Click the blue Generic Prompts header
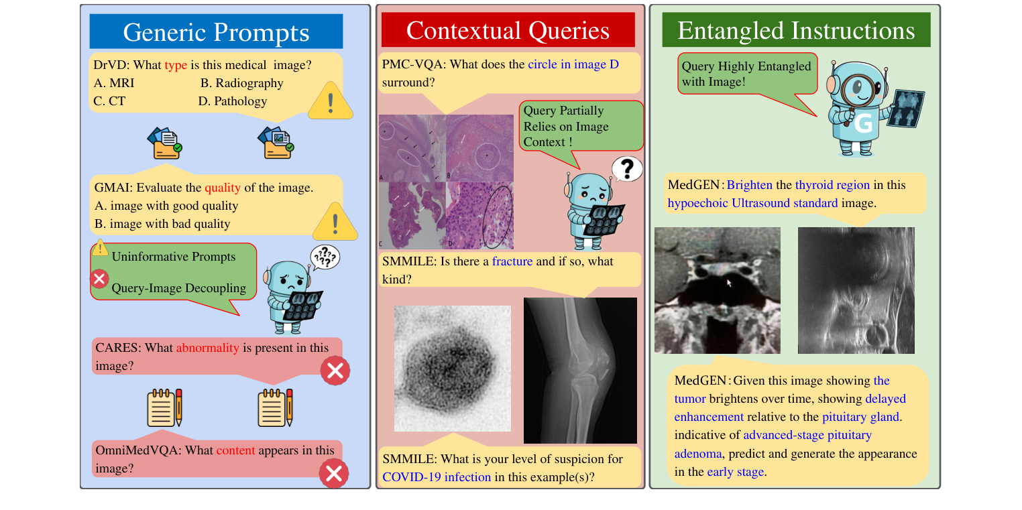coord(216,31)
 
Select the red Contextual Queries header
coord(508,30)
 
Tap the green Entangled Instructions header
coord(796,30)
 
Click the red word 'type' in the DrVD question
coord(176,65)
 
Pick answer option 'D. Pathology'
coord(233,101)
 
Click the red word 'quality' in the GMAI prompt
coord(222,188)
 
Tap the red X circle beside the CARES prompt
coord(335,371)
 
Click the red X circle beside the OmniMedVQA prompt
coord(333,474)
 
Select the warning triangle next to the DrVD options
coord(330,103)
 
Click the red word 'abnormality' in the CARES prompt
coord(207,348)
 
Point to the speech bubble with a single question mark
coord(626,169)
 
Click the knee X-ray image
coord(579,370)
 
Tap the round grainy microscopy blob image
coord(452,368)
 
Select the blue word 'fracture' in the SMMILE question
coord(512,261)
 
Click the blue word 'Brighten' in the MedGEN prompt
coord(750,185)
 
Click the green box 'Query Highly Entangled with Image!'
coord(746,74)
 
